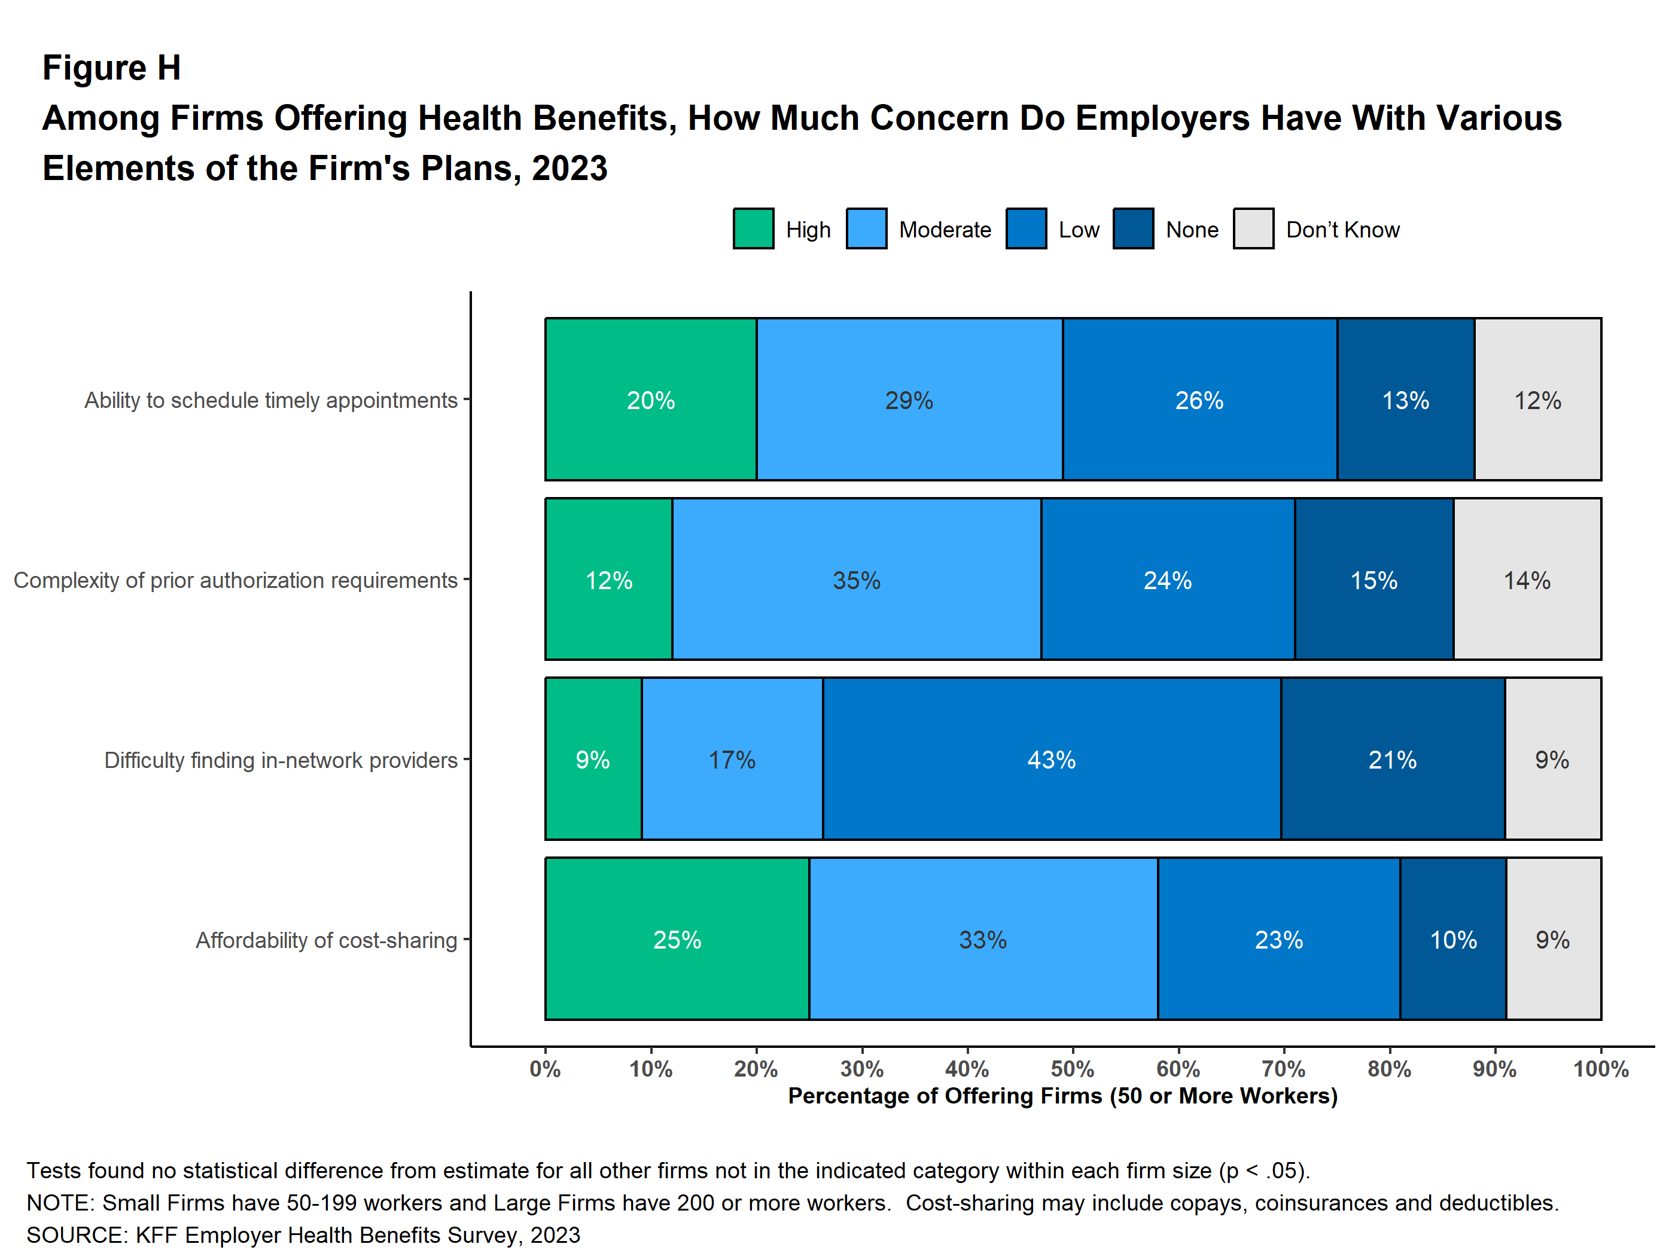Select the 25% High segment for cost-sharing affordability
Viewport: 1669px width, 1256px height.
[x=677, y=938]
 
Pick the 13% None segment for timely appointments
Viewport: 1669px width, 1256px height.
[x=1405, y=399]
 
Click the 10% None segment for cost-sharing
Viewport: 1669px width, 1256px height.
[x=1453, y=938]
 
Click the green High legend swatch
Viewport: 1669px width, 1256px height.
[x=753, y=228]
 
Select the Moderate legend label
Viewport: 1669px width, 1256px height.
[x=945, y=229]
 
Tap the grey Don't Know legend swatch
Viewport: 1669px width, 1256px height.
[x=1253, y=228]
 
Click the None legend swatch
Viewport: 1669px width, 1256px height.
[x=1132, y=228]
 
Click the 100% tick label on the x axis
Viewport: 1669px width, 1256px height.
[x=1600, y=1069]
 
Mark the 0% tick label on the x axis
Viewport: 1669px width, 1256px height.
[x=545, y=1069]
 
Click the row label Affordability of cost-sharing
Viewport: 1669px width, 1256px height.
[x=326, y=940]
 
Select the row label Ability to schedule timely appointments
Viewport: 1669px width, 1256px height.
[x=271, y=400]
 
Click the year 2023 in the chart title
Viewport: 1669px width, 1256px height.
[x=569, y=168]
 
